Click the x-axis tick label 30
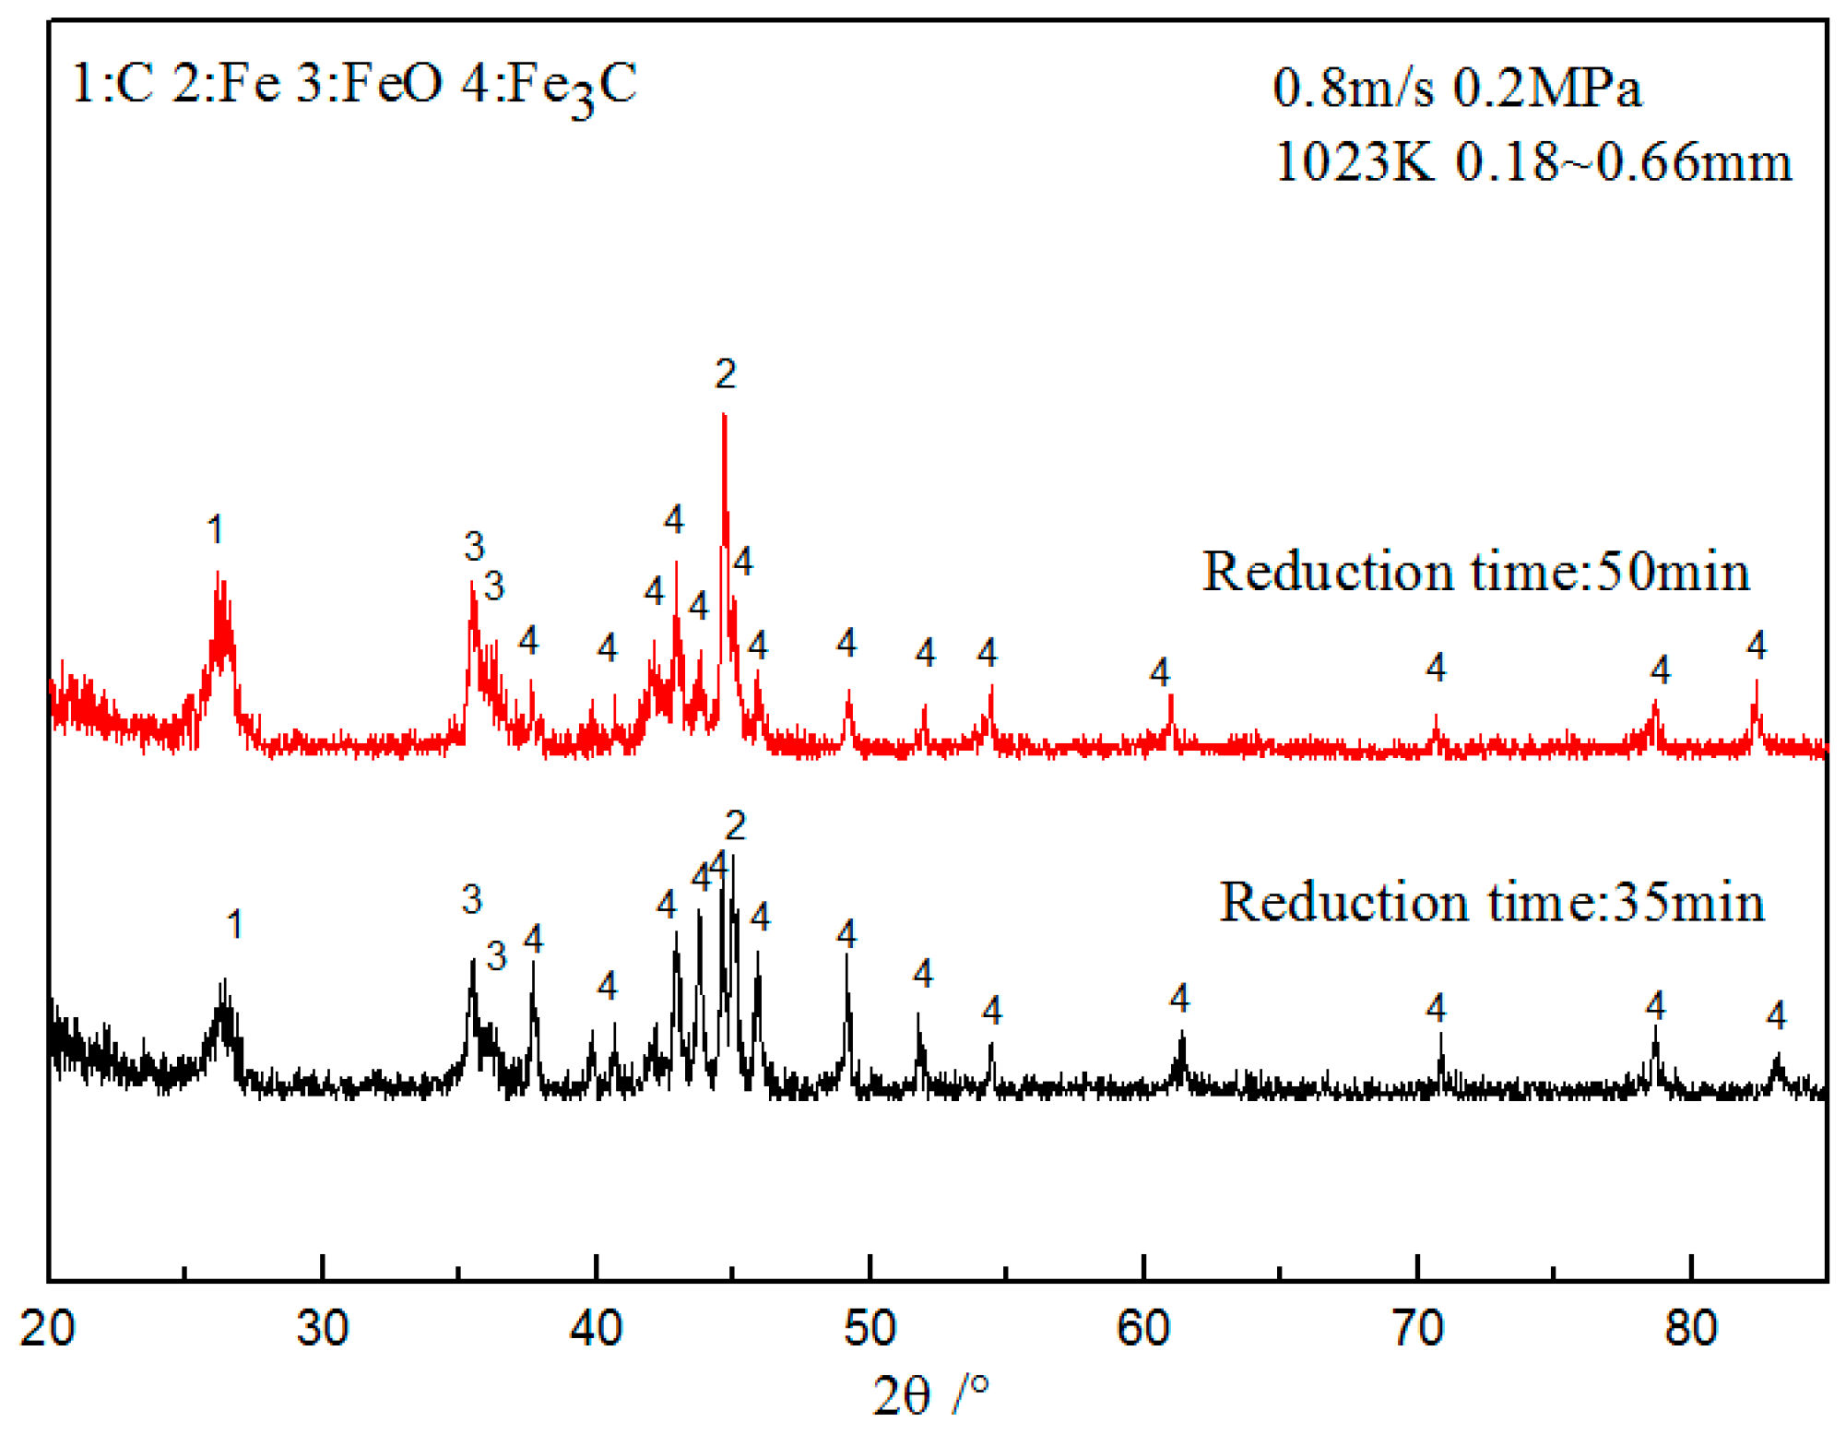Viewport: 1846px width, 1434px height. (x=322, y=1329)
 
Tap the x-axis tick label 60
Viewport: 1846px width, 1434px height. (x=1142, y=1329)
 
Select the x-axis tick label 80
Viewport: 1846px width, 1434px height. (x=1690, y=1329)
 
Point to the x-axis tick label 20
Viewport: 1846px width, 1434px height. (x=47, y=1329)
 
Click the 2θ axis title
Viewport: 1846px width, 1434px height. (x=929, y=1394)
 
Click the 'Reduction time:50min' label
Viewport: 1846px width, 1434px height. (x=1475, y=572)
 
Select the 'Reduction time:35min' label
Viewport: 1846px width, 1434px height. (x=1491, y=902)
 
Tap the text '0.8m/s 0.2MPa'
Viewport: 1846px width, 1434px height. (x=1457, y=89)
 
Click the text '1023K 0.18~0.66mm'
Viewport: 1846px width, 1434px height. (x=1532, y=162)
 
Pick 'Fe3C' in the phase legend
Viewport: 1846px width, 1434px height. (x=572, y=86)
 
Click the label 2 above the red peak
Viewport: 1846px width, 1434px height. (x=726, y=374)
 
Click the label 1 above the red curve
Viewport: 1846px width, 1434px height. (x=216, y=530)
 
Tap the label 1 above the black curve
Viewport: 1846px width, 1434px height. (x=235, y=925)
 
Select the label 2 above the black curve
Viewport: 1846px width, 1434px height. (x=735, y=825)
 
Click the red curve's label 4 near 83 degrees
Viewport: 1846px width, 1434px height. (x=1757, y=646)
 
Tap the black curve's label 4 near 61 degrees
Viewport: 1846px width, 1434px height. (x=1179, y=998)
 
